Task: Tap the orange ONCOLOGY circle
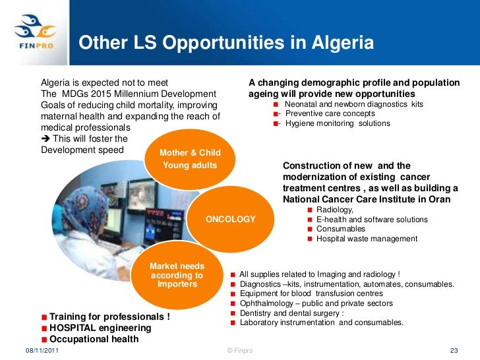point(231,219)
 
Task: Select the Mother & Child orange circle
point(190,159)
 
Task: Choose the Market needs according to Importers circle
point(177,274)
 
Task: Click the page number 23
point(453,350)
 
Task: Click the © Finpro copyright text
point(239,350)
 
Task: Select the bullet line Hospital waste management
point(367,239)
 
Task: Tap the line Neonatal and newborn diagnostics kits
point(353,104)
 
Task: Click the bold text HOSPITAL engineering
point(100,328)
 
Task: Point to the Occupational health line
point(94,339)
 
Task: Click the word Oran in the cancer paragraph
point(438,199)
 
